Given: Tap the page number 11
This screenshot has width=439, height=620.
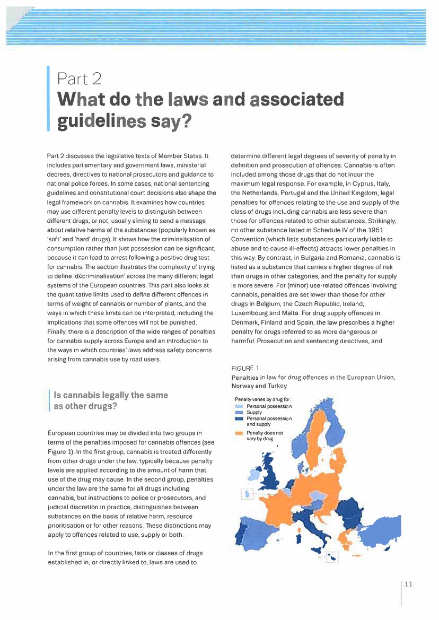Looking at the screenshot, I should click(408, 584).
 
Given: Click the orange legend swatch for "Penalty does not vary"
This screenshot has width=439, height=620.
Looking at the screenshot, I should click(239, 433).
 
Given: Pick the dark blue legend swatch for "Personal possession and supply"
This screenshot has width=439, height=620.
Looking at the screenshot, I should click(239, 418).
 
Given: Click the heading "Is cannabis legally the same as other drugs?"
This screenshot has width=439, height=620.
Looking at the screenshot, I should click(108, 400).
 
